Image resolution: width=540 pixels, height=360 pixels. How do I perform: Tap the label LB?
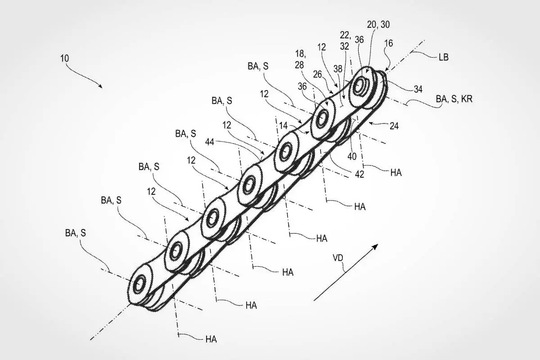(443, 58)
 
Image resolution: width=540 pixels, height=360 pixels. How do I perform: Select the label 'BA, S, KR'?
(454, 99)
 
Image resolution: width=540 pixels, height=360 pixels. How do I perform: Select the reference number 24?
(394, 127)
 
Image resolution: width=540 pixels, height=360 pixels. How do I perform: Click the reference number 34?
(418, 90)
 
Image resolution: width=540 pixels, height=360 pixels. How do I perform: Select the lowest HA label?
(211, 339)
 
